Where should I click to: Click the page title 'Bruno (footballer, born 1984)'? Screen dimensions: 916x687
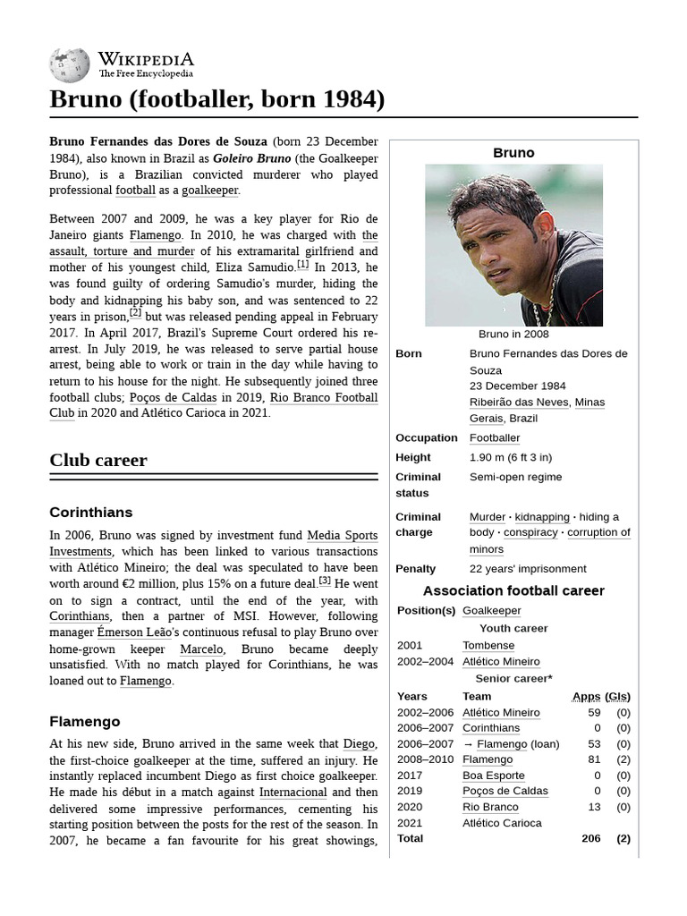(x=216, y=99)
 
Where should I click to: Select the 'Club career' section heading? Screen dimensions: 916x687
(x=98, y=460)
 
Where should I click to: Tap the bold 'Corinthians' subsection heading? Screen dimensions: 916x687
(x=90, y=513)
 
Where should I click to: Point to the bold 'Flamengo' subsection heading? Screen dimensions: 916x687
(x=84, y=721)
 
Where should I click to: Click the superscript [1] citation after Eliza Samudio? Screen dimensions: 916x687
(x=303, y=264)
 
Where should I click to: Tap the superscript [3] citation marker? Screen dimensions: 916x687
(x=325, y=580)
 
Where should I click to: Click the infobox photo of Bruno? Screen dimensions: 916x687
(x=513, y=245)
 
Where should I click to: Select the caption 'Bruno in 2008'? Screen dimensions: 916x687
(x=513, y=334)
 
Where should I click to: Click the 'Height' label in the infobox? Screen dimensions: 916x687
(x=413, y=457)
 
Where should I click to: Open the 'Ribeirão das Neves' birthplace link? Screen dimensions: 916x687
(x=519, y=402)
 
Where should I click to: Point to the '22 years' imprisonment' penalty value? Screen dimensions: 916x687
(x=528, y=568)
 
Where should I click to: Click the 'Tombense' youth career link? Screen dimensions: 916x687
(x=488, y=645)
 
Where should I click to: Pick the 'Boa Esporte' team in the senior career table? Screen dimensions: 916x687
(x=494, y=776)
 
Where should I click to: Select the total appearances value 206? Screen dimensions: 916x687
(x=590, y=838)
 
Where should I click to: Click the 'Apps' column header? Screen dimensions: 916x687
(x=586, y=696)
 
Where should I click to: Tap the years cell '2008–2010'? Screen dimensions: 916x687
(x=425, y=759)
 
